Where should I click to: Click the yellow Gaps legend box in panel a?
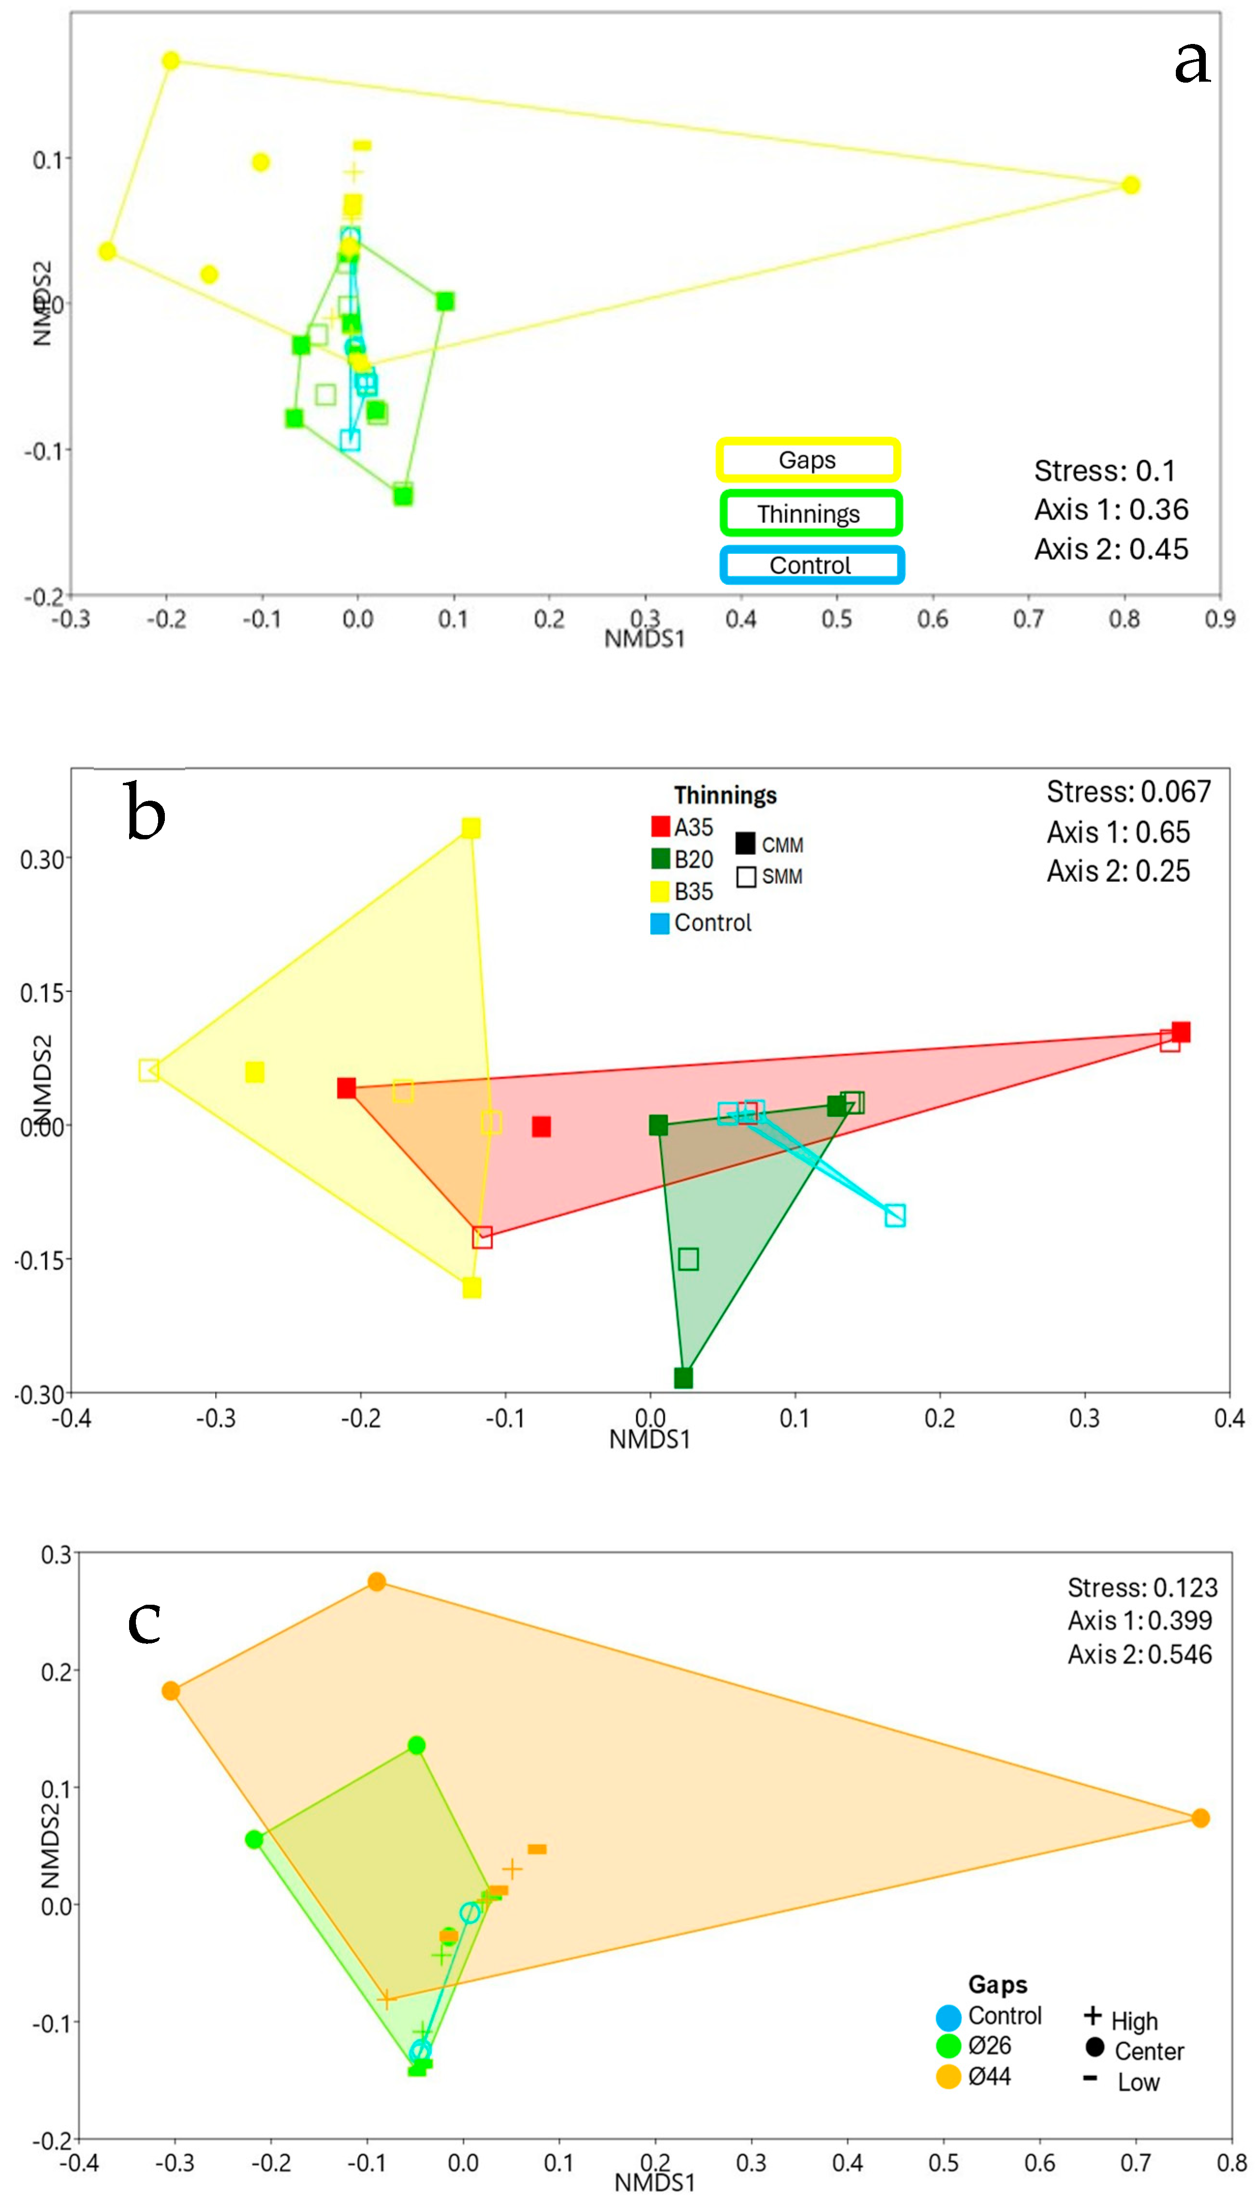(807, 460)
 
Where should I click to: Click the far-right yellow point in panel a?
(1130, 185)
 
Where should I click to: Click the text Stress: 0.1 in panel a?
(1104, 471)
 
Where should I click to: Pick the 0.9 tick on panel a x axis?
(1219, 619)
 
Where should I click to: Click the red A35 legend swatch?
(660, 827)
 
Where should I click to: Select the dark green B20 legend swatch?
(660, 859)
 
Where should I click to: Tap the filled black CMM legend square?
(746, 844)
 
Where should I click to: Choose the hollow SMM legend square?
(746, 877)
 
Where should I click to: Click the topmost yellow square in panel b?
(470, 829)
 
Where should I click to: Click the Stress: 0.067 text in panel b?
(1128, 792)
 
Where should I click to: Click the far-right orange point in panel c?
(1200, 1818)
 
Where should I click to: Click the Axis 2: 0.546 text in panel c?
(1140, 1654)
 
